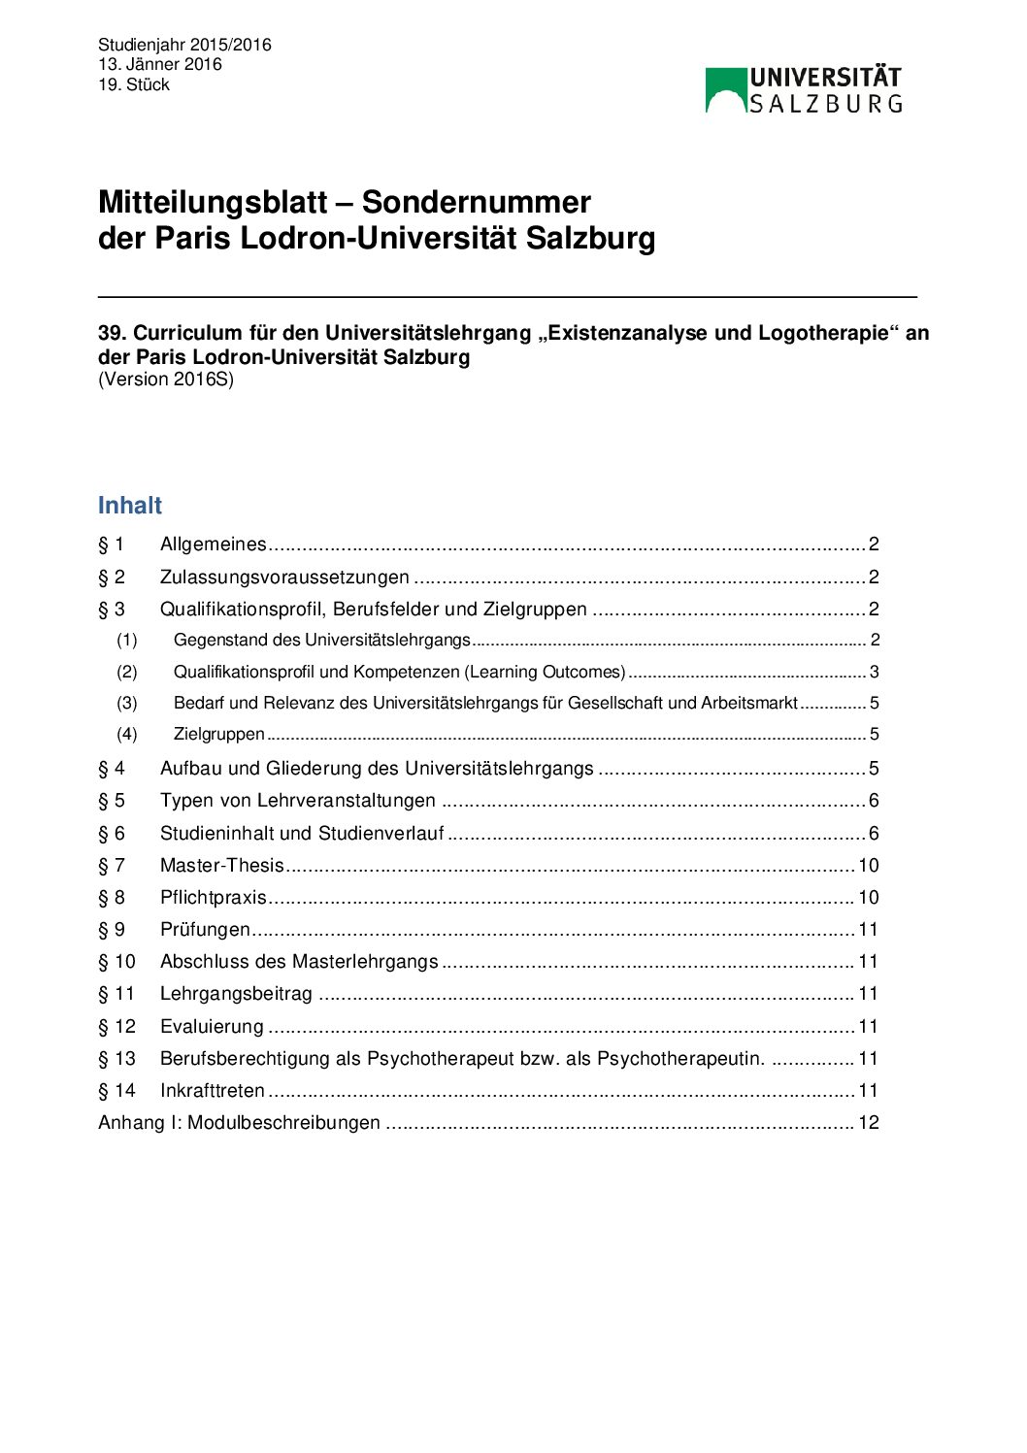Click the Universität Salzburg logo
coord(804,90)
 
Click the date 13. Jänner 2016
coord(160,64)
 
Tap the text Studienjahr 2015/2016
coord(184,45)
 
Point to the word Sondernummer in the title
coord(476,202)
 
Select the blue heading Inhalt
coord(130,506)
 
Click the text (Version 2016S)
coord(166,380)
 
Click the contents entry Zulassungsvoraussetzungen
coord(284,578)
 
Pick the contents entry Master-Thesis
coord(222,865)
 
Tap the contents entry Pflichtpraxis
coord(213,897)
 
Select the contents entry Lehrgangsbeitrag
coord(236,993)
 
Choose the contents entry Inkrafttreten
coord(213,1090)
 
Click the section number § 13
coord(116,1058)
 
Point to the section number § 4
coord(112,768)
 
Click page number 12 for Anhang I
coord(869,1122)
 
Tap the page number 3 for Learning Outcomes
coord(874,672)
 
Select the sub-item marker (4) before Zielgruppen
coord(127,734)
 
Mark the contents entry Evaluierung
coord(212,1026)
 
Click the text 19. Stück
coord(134,84)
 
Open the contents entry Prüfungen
coord(205,929)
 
